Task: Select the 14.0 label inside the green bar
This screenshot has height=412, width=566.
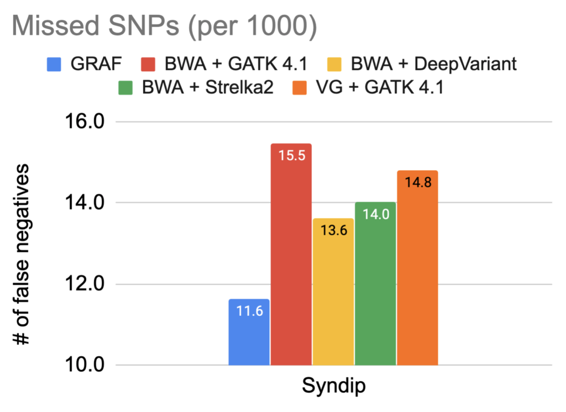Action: tap(375, 214)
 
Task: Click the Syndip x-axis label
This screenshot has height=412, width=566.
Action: tap(333, 386)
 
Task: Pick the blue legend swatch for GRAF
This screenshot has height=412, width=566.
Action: tap(54, 65)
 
